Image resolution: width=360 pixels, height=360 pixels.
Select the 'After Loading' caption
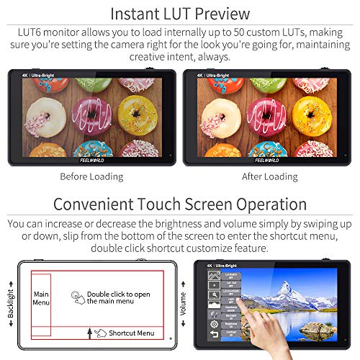click(x=270, y=176)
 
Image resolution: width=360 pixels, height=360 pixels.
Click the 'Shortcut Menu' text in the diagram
click(x=136, y=333)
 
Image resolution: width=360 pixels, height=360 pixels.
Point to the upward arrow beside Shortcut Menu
click(x=89, y=332)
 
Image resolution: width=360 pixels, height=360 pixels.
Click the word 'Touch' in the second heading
click(x=167, y=204)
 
